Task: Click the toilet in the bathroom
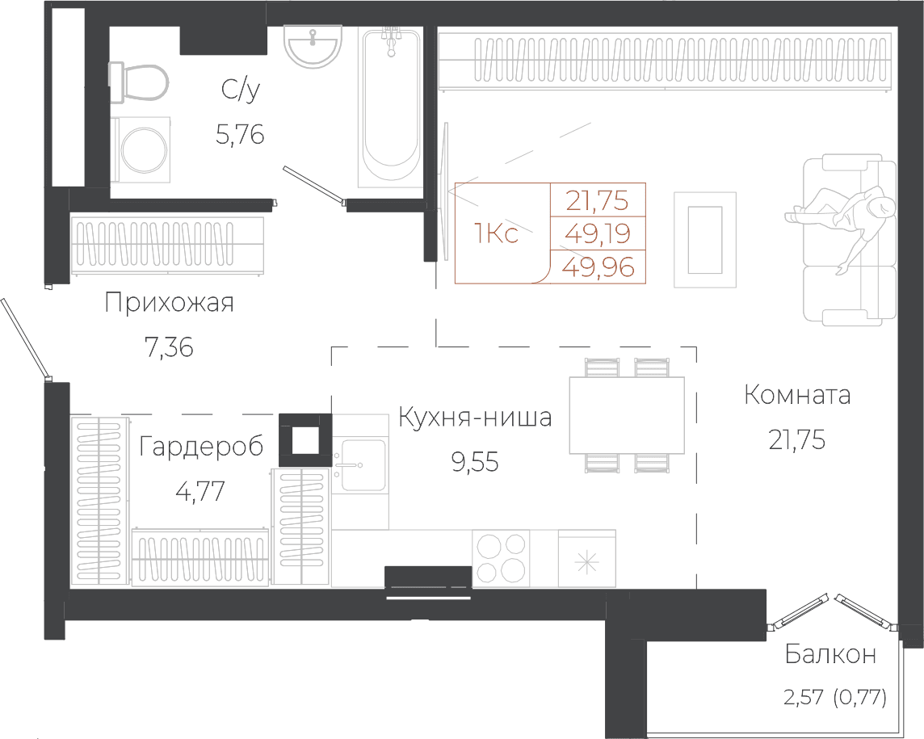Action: (139, 82)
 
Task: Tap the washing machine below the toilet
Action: (141, 149)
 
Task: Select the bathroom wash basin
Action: (313, 46)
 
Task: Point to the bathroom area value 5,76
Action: (240, 135)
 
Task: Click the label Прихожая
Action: (169, 302)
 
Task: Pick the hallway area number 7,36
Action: (169, 347)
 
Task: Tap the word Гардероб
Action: (202, 447)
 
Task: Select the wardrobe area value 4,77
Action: (200, 490)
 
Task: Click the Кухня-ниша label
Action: (475, 418)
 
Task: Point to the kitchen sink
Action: (359, 465)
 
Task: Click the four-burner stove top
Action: (501, 559)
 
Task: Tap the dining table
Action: (627, 415)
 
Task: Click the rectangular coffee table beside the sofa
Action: (705, 240)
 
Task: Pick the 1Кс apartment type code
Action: (496, 234)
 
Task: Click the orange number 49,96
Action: (598, 267)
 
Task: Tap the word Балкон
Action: (830, 654)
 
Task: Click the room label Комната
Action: (797, 395)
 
